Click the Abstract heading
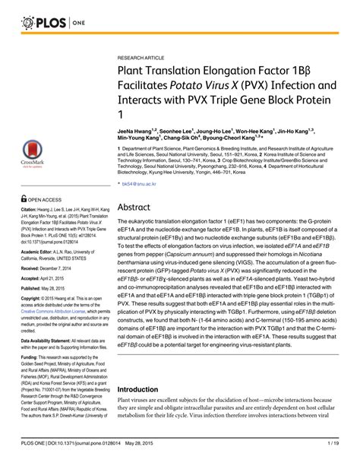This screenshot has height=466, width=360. click(x=137, y=184)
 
